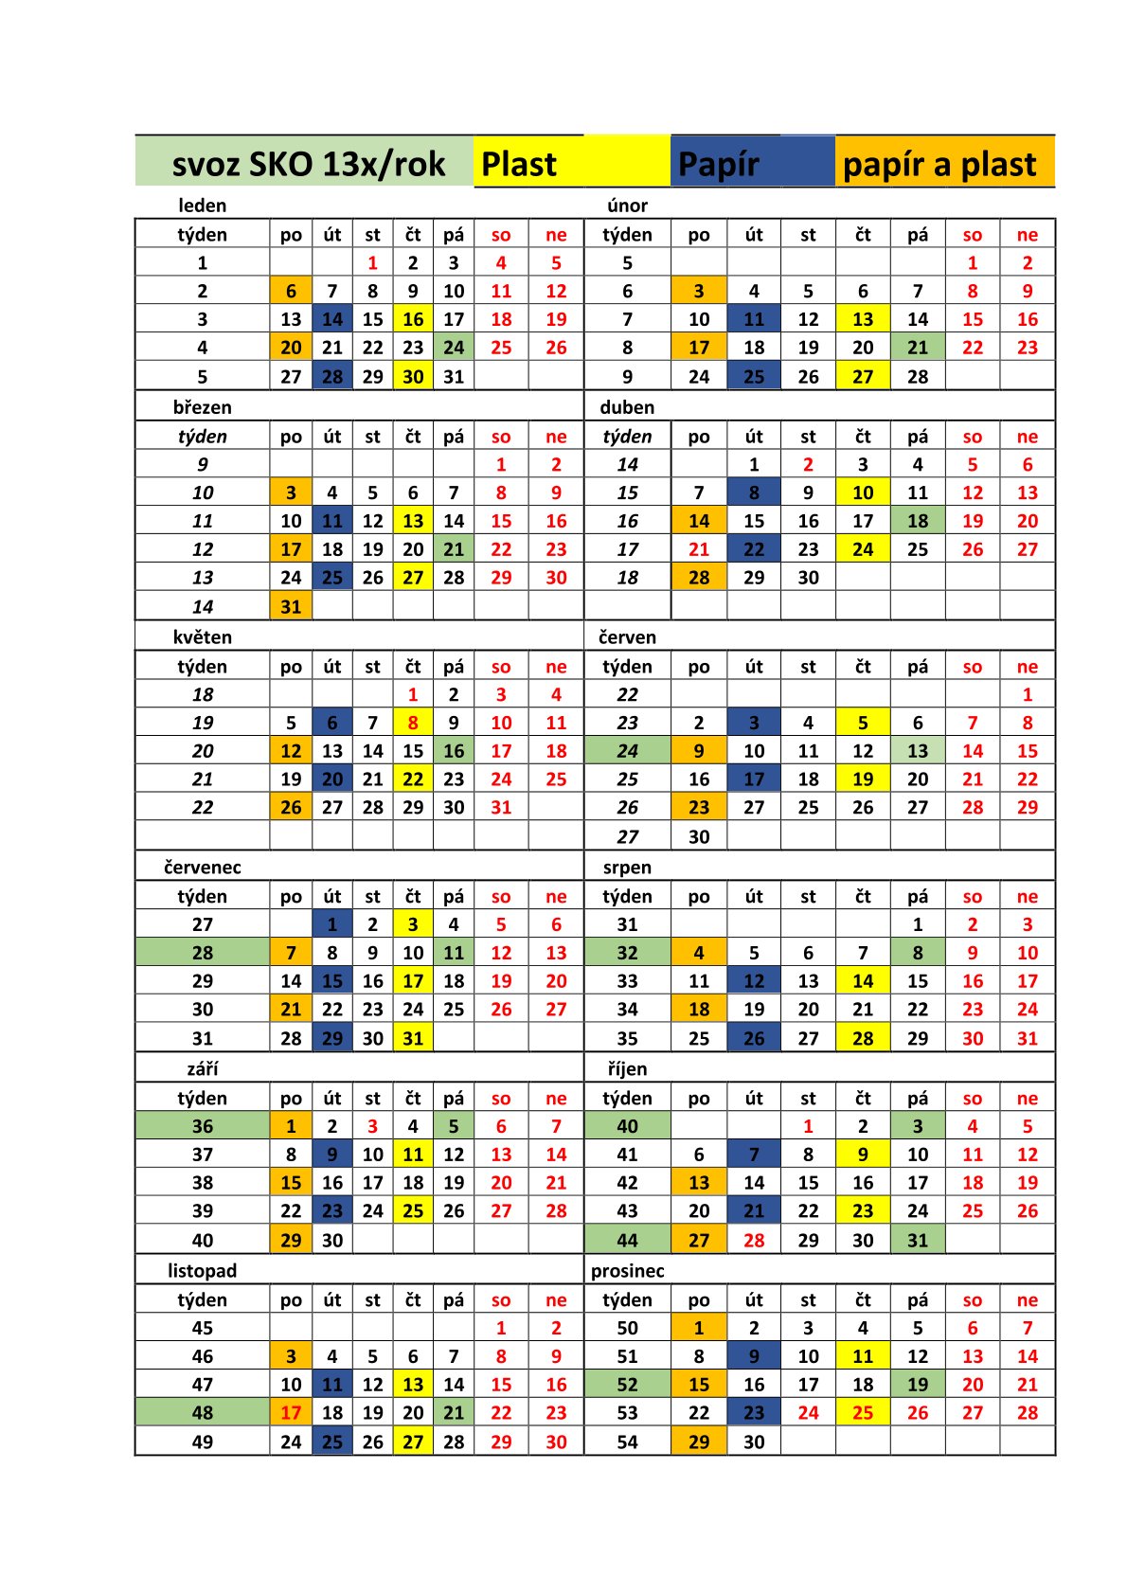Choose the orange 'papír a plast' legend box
pyautogui.click(x=944, y=163)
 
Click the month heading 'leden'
pyautogui.click(x=203, y=206)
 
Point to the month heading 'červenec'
pyautogui.click(x=203, y=868)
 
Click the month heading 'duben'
pyautogui.click(x=627, y=407)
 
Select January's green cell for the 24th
pyautogui.click(x=454, y=348)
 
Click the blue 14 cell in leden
pyautogui.click(x=332, y=319)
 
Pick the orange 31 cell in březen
pyautogui.click(x=291, y=606)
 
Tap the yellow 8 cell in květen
pyautogui.click(x=413, y=723)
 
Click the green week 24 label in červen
pyautogui.click(x=627, y=751)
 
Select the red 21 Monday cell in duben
pyautogui.click(x=699, y=549)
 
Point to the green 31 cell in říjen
pyautogui.click(x=918, y=1240)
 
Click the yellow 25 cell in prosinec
pyautogui.click(x=863, y=1413)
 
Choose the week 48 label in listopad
pyautogui.click(x=203, y=1413)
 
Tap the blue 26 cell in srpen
pyautogui.click(x=754, y=1038)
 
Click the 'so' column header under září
pyautogui.click(x=501, y=1099)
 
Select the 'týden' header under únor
pyautogui.click(x=627, y=235)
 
